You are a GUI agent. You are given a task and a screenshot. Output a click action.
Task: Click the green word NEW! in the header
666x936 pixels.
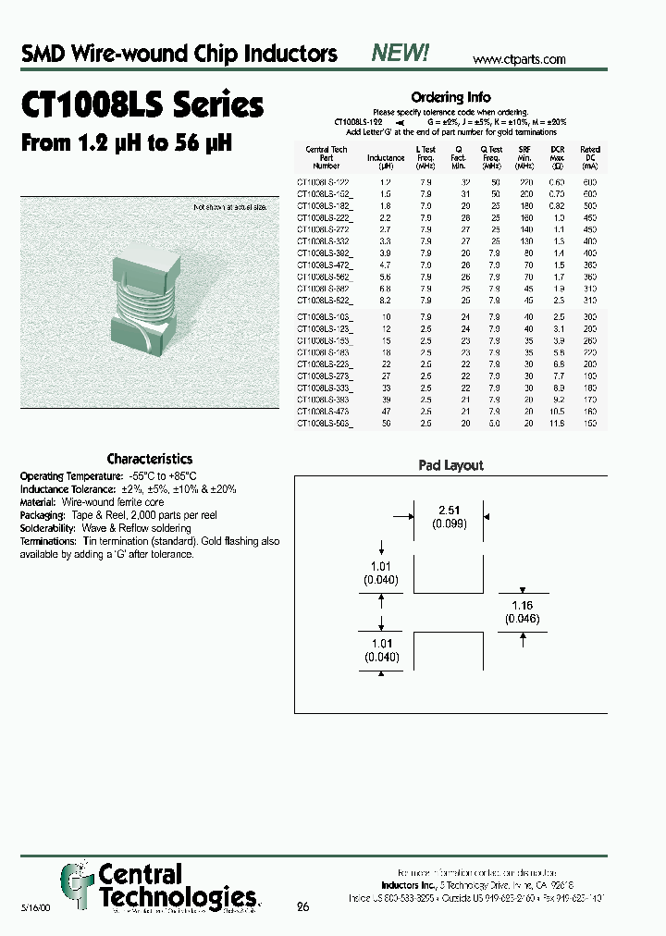tap(400, 54)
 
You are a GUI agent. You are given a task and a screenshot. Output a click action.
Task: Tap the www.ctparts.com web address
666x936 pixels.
tap(519, 59)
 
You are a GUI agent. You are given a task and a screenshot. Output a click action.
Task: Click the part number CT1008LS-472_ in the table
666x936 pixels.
tap(325, 264)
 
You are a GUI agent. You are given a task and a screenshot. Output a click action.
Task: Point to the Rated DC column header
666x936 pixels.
tap(589, 157)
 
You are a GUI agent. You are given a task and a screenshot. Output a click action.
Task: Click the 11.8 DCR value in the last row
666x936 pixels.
tap(558, 423)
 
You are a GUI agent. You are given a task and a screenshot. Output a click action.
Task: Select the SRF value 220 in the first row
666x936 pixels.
tap(525, 182)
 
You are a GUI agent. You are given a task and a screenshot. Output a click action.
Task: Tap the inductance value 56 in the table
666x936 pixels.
tap(386, 423)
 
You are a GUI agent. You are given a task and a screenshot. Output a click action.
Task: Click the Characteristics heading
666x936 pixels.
tap(150, 459)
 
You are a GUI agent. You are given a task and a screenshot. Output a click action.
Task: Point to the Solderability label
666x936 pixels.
tap(52, 528)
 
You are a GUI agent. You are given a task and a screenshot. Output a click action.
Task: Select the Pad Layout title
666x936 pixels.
tap(450, 466)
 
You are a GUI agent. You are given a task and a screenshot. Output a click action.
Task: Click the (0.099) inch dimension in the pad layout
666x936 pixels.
tap(449, 523)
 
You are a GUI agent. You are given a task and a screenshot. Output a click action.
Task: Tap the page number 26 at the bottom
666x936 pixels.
tap(302, 906)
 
